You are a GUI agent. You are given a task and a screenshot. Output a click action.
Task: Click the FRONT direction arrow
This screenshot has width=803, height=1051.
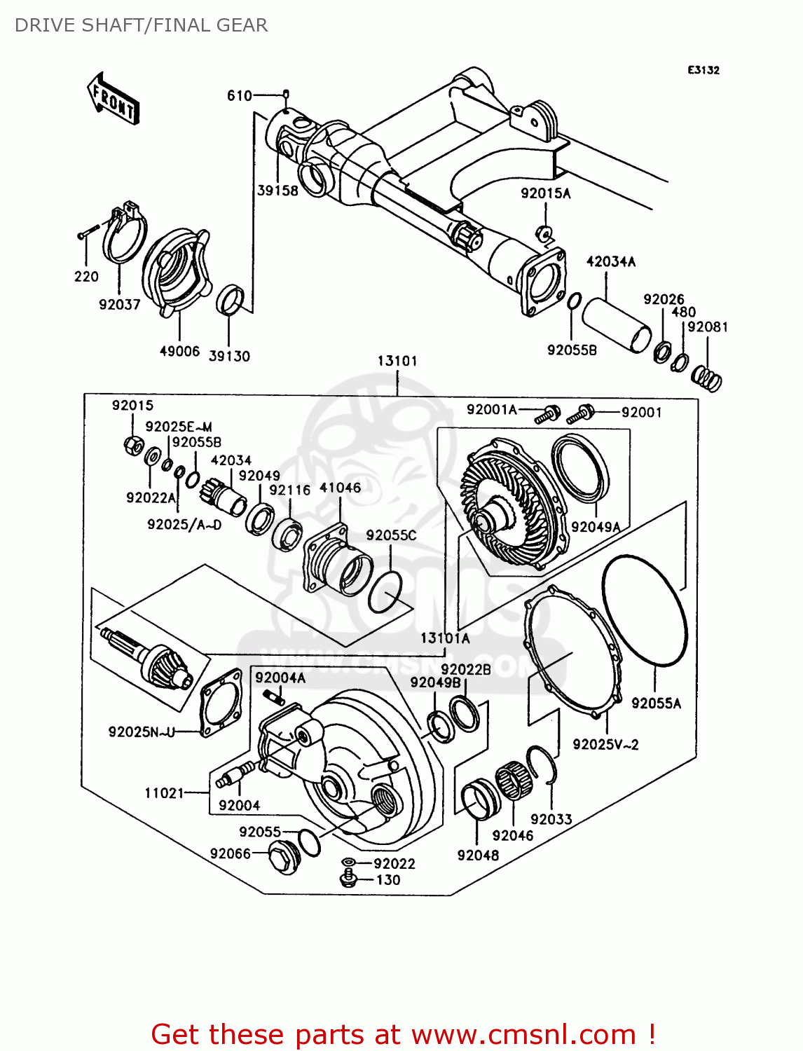[x=113, y=99]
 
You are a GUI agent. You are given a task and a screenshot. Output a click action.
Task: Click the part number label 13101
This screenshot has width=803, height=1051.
[x=397, y=361]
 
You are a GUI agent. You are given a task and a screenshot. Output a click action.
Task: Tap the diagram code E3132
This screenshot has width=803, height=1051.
[x=703, y=70]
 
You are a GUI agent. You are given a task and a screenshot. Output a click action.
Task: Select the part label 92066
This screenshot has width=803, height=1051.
[x=230, y=853]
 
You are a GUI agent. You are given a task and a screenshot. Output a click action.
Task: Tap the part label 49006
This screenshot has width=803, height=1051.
[x=179, y=351]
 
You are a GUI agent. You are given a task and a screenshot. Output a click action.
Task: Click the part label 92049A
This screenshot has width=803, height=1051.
[x=596, y=527]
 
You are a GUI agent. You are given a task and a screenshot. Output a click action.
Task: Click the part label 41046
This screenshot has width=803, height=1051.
[x=340, y=488]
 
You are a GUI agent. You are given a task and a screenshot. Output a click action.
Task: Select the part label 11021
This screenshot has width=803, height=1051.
[x=164, y=793]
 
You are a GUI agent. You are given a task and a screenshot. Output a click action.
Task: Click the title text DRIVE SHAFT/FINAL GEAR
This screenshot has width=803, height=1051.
[x=141, y=25]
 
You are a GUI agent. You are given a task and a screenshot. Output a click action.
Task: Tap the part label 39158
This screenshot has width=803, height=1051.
[x=277, y=191]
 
